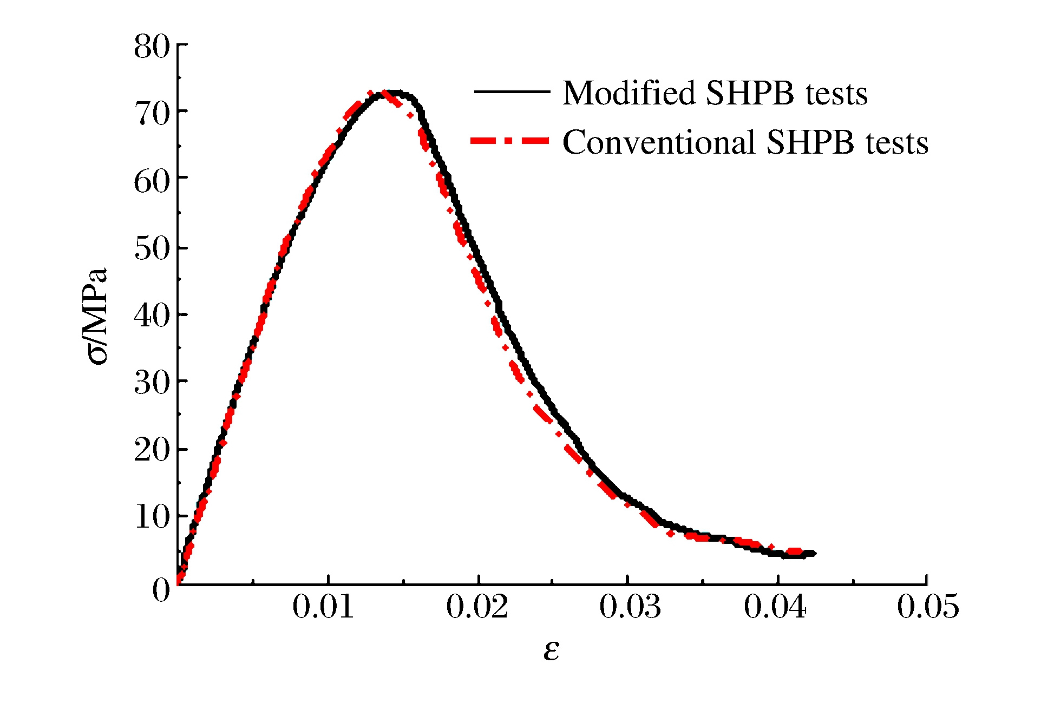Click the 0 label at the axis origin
click(161, 589)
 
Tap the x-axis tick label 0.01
click(323, 606)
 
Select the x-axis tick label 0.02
click(477, 606)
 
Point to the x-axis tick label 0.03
click(631, 606)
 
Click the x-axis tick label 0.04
click(775, 606)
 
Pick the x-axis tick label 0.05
click(928, 606)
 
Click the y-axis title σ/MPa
click(97, 317)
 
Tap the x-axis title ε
click(551, 650)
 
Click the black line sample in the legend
click(512, 91)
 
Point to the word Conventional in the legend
click(659, 142)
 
